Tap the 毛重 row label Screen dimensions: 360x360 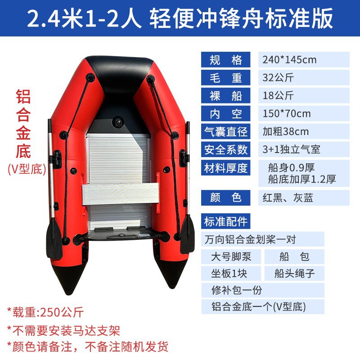coord(225,77)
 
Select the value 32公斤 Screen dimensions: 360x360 coord(278,77)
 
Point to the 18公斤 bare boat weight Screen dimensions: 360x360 coord(278,95)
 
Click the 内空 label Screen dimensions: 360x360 coord(225,113)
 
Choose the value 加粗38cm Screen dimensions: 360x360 coord(286,131)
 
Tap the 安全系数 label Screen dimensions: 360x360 coord(225,149)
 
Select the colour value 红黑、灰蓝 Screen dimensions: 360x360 coord(288,197)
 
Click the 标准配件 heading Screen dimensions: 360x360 coord(225,221)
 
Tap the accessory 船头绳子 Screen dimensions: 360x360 coord(294,273)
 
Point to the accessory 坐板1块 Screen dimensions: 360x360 coord(229,273)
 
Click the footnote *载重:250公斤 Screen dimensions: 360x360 coord(45,311)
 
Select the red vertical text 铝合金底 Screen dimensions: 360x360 coord(23,123)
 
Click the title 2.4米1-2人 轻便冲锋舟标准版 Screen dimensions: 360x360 coord(180,19)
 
